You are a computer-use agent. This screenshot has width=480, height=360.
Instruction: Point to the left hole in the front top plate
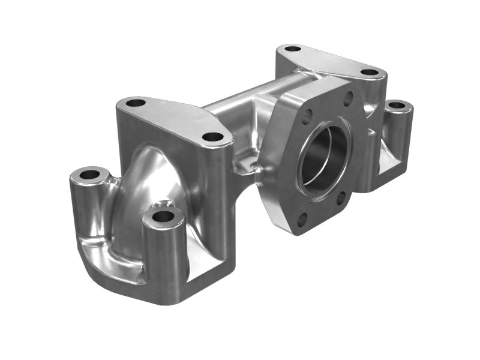coord(136,103)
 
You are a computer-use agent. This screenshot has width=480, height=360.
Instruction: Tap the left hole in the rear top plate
coord(292,49)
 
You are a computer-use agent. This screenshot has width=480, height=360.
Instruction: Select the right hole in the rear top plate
coord(370,72)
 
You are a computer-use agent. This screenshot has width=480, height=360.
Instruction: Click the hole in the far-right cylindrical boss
coord(397,106)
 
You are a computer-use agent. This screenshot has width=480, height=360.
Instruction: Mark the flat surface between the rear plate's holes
coord(330,60)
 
